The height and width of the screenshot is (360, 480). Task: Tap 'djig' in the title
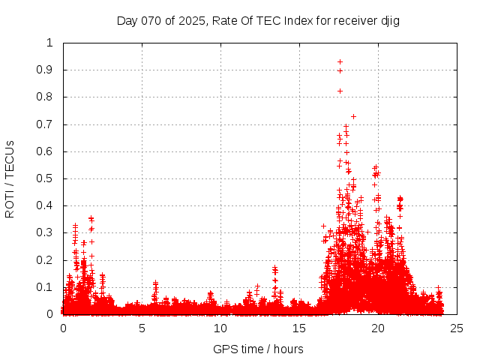[388, 20]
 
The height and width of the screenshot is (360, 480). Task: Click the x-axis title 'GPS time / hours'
[259, 349]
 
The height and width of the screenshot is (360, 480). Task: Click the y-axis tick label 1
[50, 43]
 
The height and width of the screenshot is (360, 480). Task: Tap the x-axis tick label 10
[220, 328]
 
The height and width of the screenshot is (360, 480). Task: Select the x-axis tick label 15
[299, 328]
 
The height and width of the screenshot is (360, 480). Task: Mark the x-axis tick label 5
[142, 328]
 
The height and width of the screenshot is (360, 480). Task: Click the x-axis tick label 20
[378, 328]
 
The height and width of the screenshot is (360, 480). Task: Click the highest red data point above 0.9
[340, 62]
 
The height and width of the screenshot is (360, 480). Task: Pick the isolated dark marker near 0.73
[353, 116]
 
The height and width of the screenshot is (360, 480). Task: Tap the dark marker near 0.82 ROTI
[340, 91]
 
